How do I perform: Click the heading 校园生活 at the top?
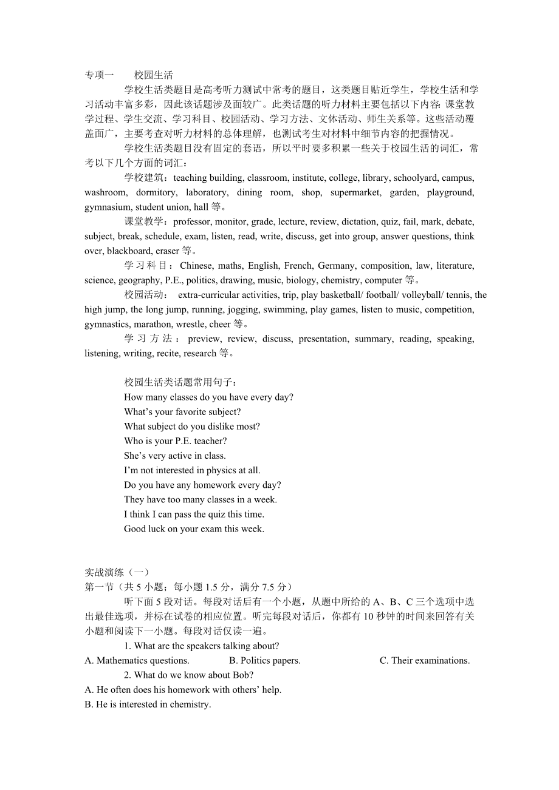[x=154, y=75]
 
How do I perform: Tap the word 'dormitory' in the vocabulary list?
[x=156, y=192]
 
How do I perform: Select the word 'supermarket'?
[x=353, y=192]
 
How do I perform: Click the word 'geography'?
[x=137, y=280]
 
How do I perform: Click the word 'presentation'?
[x=322, y=339]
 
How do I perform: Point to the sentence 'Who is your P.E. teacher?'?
[x=175, y=441]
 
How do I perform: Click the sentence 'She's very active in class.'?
[x=175, y=456]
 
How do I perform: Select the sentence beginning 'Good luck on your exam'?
[x=194, y=528]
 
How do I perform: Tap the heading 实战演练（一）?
[x=117, y=572]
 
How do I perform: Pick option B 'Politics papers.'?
[x=265, y=660]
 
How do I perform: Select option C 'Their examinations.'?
[x=425, y=660]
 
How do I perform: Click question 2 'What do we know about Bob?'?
[x=189, y=675]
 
